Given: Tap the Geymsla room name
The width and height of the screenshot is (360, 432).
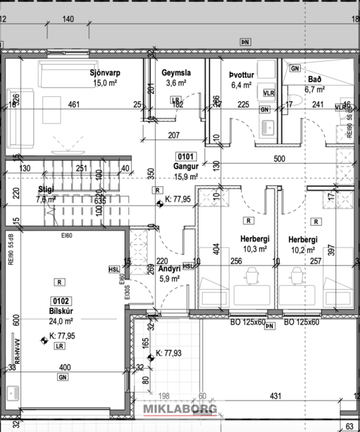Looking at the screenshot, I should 177,72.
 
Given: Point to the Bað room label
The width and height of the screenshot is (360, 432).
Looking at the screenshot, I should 315,79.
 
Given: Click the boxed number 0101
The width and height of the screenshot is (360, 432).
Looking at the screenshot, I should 186,156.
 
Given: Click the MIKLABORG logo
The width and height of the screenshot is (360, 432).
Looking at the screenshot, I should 180,410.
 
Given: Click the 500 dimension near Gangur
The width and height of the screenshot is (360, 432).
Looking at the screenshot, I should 279,159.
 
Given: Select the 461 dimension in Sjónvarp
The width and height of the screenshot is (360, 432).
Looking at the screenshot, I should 73,105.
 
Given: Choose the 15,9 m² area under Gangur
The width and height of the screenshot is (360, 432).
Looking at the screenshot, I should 186,177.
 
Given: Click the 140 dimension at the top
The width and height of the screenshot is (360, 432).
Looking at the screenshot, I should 68,19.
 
